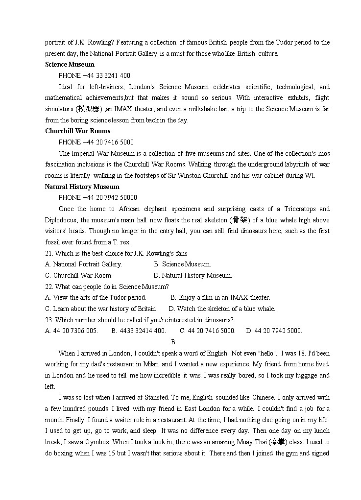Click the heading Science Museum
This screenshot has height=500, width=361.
pos(70,64)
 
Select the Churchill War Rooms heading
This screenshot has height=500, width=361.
pos(77,131)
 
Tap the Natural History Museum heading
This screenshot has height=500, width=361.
pos(82,187)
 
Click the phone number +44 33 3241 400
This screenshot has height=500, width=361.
pos(94,75)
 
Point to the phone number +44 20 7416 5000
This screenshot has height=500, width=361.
pos(96,142)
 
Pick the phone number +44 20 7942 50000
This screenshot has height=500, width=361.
pos(97,197)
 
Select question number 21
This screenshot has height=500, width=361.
pos(49,253)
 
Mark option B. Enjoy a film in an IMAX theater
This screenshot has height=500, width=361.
pos(220,297)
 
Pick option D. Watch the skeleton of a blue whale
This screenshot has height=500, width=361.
pos(222,309)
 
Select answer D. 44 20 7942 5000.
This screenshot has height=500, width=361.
pos(274,331)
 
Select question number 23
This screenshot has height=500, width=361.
pos(49,320)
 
